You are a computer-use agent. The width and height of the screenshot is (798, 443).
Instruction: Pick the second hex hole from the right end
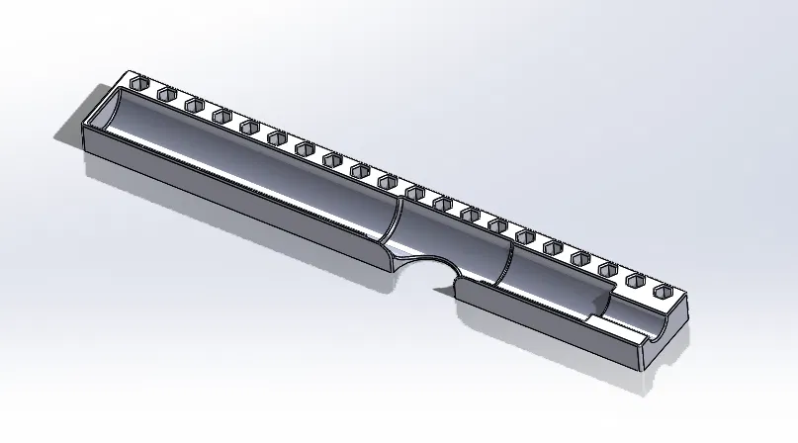coord(636,281)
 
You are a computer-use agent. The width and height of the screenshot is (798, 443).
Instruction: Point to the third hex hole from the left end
coord(193,104)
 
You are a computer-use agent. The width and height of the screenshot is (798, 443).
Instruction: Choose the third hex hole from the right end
coord(608,269)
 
